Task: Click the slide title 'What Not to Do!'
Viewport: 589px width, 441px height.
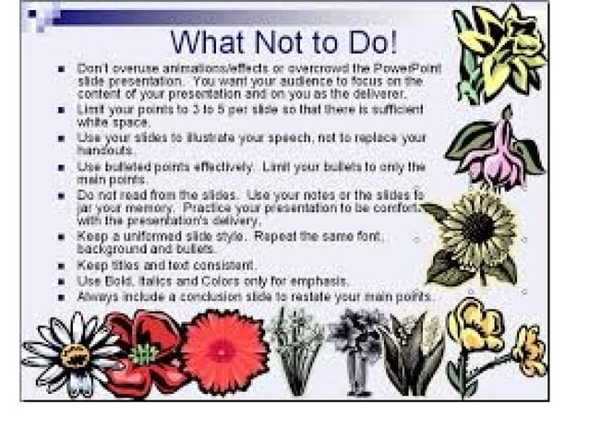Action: point(284,42)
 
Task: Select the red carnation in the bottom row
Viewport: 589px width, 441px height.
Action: point(225,352)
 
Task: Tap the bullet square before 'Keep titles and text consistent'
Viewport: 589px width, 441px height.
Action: point(60,267)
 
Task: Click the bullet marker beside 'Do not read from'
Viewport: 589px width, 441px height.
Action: point(60,197)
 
